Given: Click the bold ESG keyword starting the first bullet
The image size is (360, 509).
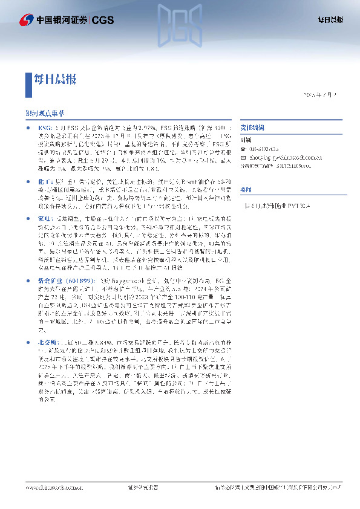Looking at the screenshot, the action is click(44, 128).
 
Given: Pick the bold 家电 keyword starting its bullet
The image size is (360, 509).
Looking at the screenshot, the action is click(44, 218).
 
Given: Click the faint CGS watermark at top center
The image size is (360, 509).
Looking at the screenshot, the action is click(180, 24).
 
